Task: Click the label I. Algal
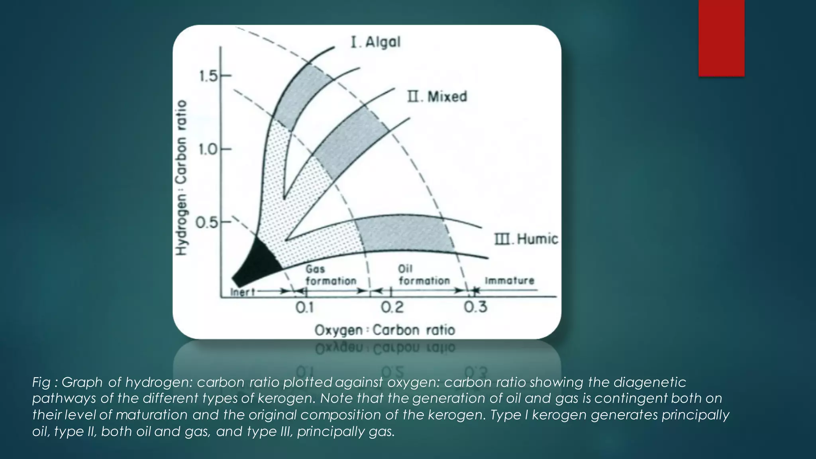click(375, 42)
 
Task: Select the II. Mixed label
click(437, 97)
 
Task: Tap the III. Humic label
click(526, 239)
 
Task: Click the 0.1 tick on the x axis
click(305, 307)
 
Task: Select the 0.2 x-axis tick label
click(392, 307)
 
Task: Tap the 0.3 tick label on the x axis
click(475, 307)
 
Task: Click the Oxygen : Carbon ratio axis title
click(385, 330)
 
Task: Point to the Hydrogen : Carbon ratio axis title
click(181, 177)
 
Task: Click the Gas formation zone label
click(330, 275)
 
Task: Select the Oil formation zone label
click(424, 275)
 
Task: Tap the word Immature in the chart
click(509, 280)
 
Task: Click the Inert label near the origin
click(243, 292)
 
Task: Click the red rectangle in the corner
click(721, 38)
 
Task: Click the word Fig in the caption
click(41, 382)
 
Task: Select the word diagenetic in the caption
click(649, 382)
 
